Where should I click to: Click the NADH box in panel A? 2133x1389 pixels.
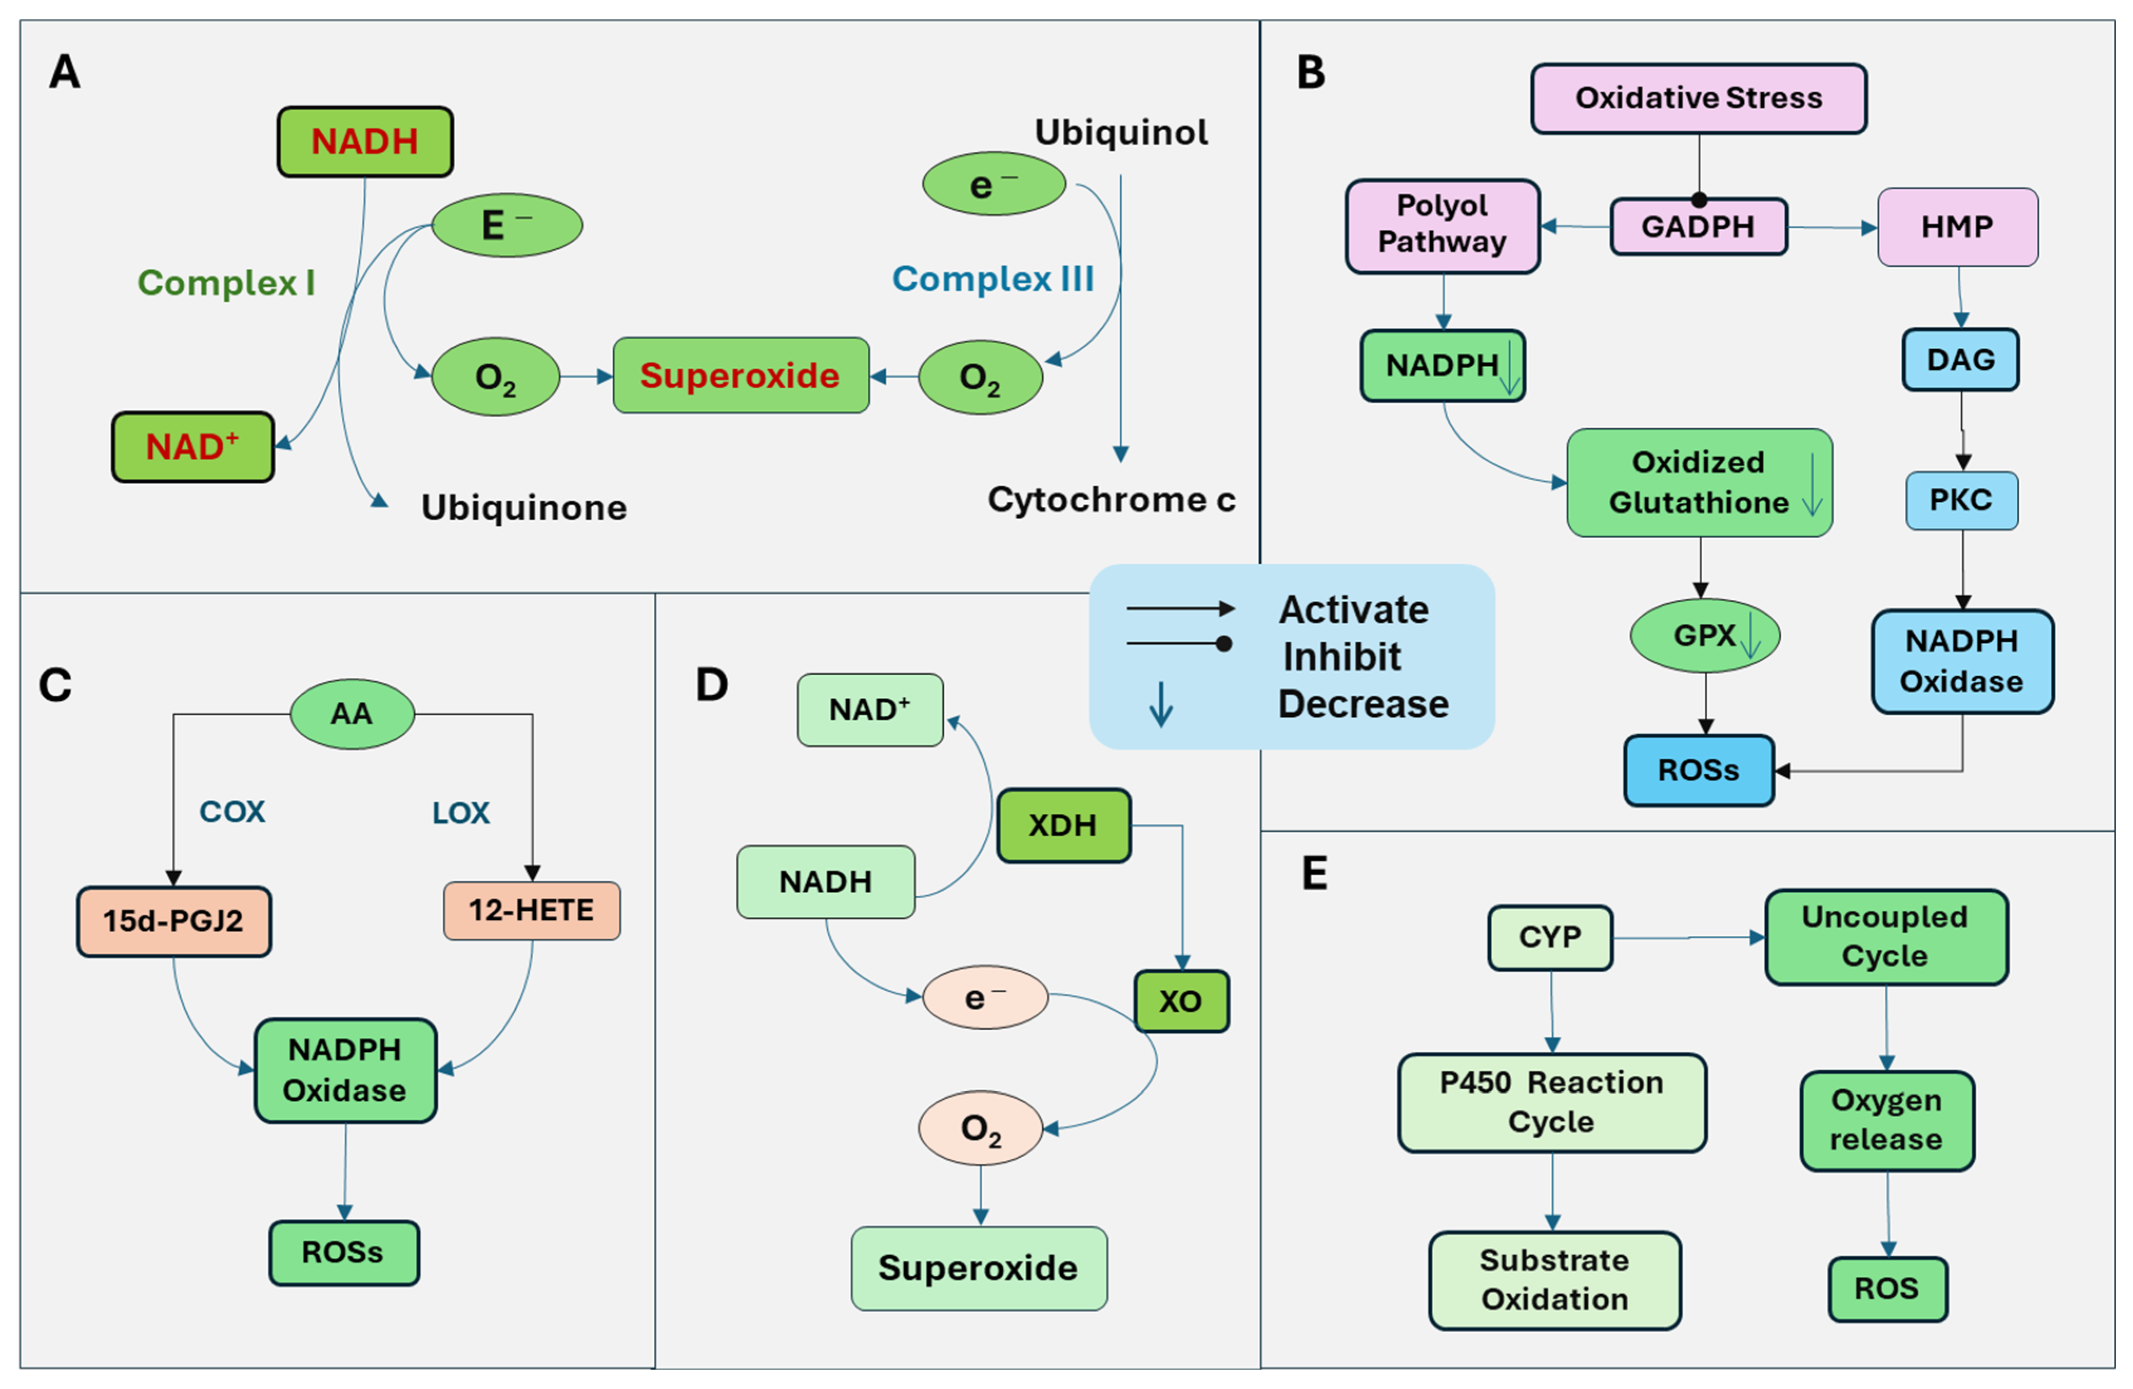[x=365, y=142]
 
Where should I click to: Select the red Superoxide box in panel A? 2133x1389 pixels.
[x=740, y=376]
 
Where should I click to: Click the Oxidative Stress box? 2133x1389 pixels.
[x=1698, y=97]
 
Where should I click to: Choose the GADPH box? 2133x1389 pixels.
[x=1698, y=226]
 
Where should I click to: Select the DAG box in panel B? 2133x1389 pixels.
[x=1960, y=359]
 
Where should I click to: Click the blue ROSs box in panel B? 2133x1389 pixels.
[x=1698, y=770]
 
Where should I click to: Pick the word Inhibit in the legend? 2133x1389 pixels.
[x=1342, y=657]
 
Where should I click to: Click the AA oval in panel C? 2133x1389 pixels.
[x=351, y=713]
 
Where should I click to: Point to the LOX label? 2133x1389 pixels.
[x=461, y=813]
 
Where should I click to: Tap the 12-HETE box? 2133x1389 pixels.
[x=532, y=911]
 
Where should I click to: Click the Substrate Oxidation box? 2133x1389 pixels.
[x=1554, y=1279]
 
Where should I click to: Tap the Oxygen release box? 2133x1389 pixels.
[x=1886, y=1120]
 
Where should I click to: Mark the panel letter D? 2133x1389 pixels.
[x=711, y=685]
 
